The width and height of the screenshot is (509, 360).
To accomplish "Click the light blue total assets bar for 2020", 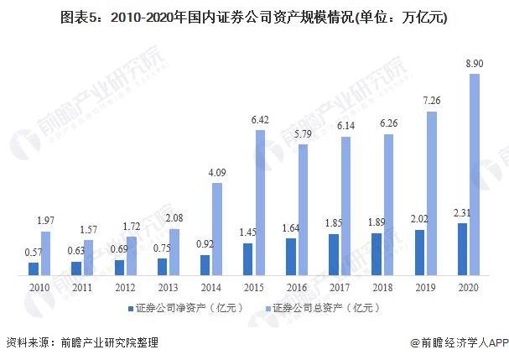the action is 475,175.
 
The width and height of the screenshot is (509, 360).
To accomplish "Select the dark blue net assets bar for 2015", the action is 247,259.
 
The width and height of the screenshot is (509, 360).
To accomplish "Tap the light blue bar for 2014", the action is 217,229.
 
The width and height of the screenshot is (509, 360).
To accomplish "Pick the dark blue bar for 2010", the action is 34,269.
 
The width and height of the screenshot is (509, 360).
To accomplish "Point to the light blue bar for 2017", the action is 346,206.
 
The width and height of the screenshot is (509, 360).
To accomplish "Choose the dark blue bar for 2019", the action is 419,253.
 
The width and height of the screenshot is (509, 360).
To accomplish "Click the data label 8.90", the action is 475,64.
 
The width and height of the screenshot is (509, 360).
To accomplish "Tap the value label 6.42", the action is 260,120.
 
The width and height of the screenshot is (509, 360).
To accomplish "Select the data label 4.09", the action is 217,173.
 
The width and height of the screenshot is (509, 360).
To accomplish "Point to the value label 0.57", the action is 34,252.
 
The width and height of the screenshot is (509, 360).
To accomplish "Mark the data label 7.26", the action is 432,101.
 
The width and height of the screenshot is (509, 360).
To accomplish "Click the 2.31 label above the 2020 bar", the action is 462,213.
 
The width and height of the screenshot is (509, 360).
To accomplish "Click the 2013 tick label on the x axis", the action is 169,288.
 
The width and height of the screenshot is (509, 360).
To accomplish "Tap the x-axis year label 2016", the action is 297,288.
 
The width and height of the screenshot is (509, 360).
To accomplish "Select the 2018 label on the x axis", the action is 382,288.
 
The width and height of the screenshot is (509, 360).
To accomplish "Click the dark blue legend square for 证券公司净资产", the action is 131,309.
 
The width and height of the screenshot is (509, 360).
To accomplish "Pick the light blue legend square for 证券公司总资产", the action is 267,309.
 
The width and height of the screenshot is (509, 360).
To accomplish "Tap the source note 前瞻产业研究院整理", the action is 110,342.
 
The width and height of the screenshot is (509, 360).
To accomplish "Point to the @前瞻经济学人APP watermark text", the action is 460,342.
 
